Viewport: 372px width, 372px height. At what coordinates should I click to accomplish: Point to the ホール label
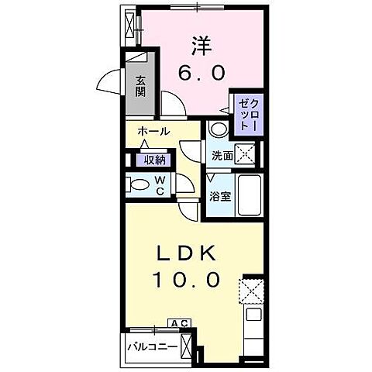(x=154, y=132)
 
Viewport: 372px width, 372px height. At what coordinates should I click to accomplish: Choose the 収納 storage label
(x=154, y=160)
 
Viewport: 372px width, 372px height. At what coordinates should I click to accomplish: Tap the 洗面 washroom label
(x=222, y=155)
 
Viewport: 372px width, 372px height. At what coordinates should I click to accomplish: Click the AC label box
(x=179, y=323)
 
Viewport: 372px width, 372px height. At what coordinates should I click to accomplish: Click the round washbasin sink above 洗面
(x=219, y=129)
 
